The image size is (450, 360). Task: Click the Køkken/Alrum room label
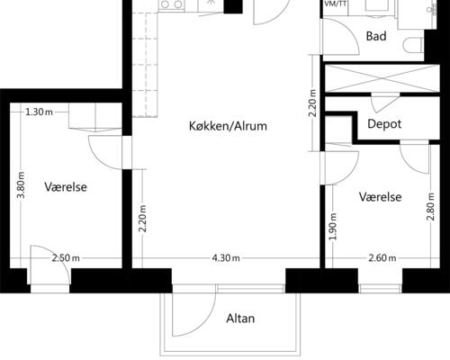pos(228,126)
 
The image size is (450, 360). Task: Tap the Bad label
pos(376,36)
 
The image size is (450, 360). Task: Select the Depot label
pos(384,124)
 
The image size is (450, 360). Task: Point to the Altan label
pos(240,319)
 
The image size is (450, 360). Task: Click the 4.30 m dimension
pos(226,258)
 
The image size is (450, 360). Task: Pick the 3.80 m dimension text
pos(22,185)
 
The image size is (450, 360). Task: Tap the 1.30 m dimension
pos(39,112)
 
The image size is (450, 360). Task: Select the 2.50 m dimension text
pos(66,258)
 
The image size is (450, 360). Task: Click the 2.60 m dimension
pos(382,258)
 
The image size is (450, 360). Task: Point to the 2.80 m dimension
pos(430,207)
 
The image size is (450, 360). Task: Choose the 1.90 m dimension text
pos(333,226)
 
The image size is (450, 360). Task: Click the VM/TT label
pos(336,4)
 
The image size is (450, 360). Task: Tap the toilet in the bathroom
pos(413,46)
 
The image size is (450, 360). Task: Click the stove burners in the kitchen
pos(172,4)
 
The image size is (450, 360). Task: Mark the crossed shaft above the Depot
pos(382,78)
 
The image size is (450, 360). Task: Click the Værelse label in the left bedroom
pos(66,187)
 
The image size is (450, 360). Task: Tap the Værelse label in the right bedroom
pos(381,197)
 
